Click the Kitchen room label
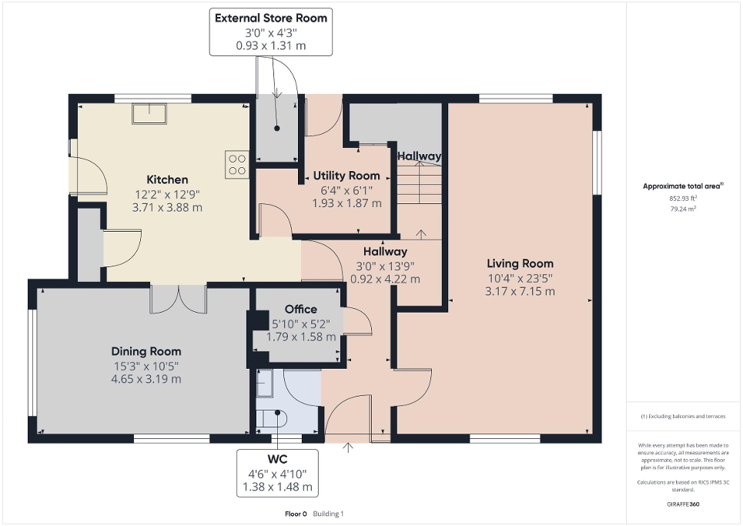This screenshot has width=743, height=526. [x=167, y=179]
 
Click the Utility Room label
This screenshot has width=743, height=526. [x=346, y=176]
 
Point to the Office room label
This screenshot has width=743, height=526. [x=300, y=310]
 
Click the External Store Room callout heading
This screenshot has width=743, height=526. [x=270, y=18]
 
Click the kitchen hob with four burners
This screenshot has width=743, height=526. [x=236, y=164]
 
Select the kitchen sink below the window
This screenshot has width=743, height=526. [x=151, y=113]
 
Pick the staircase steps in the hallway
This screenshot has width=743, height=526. [x=420, y=189]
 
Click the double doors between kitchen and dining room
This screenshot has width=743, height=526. [x=178, y=298]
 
